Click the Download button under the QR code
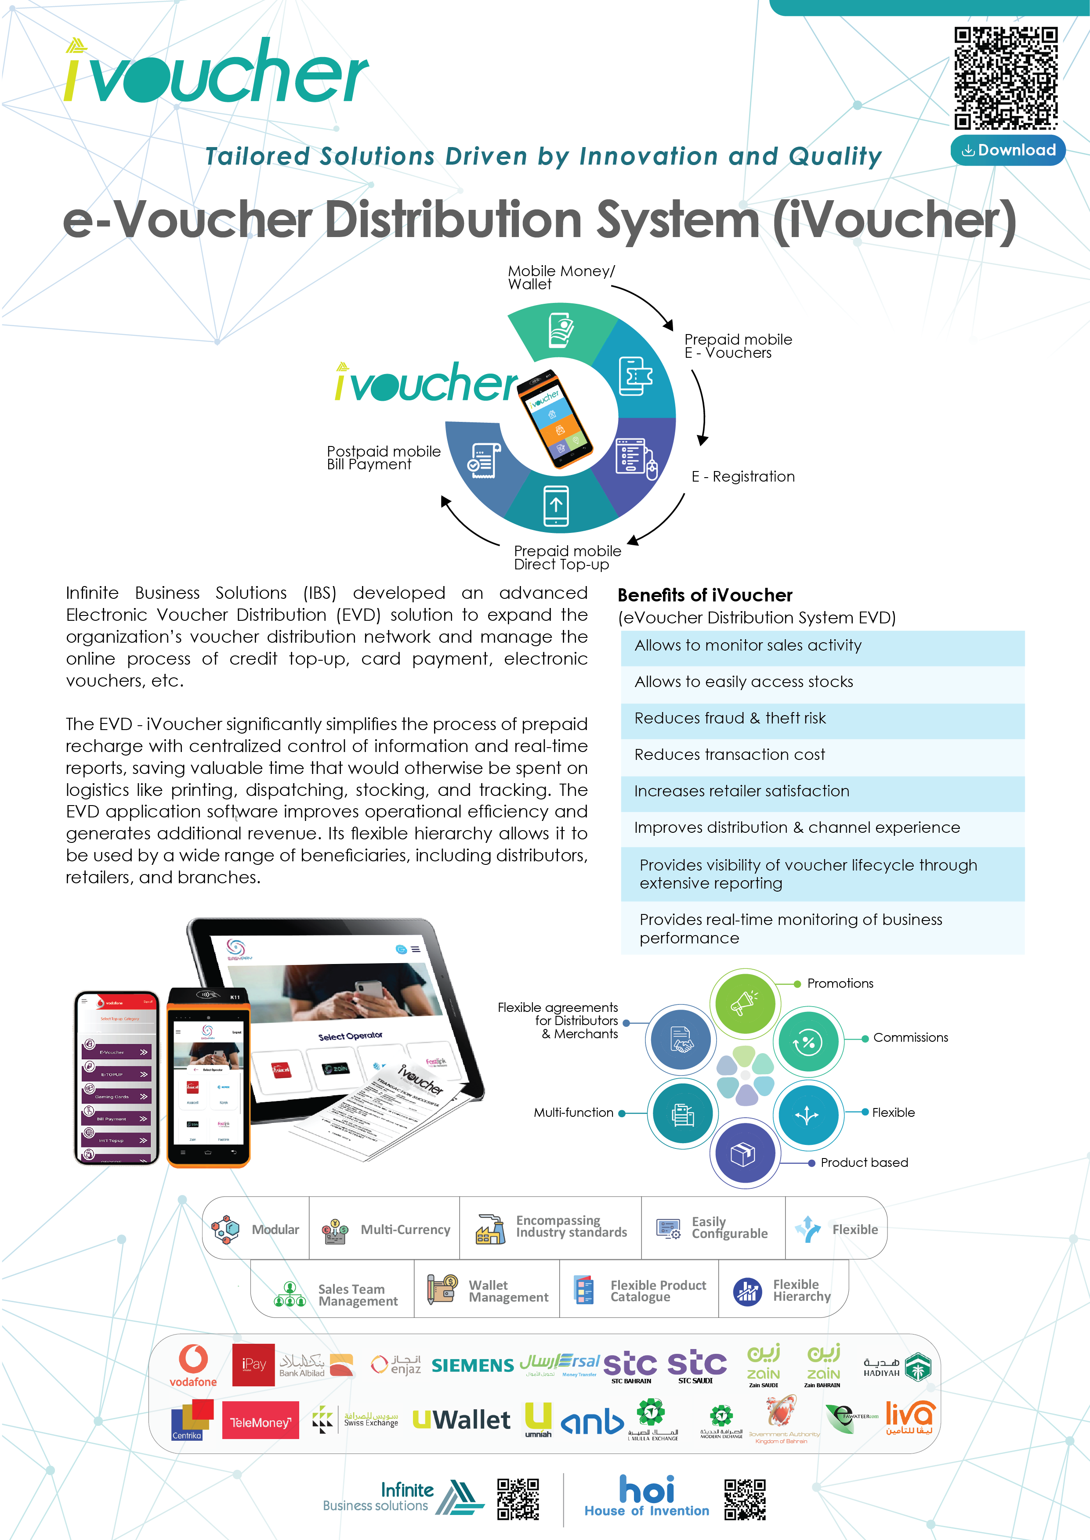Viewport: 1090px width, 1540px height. click(1007, 150)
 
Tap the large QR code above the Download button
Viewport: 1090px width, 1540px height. click(1006, 78)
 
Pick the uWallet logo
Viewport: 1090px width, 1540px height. click(462, 1420)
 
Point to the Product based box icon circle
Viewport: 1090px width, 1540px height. click(744, 1154)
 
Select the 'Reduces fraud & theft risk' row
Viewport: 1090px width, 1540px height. click(822, 718)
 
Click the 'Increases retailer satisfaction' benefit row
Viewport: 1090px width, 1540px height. click(822, 792)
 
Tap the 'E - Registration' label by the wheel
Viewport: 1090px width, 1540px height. click(743, 477)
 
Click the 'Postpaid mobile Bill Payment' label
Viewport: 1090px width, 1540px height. click(383, 458)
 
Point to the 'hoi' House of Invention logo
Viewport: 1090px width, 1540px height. click(646, 1495)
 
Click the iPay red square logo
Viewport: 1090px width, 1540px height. click(253, 1365)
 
